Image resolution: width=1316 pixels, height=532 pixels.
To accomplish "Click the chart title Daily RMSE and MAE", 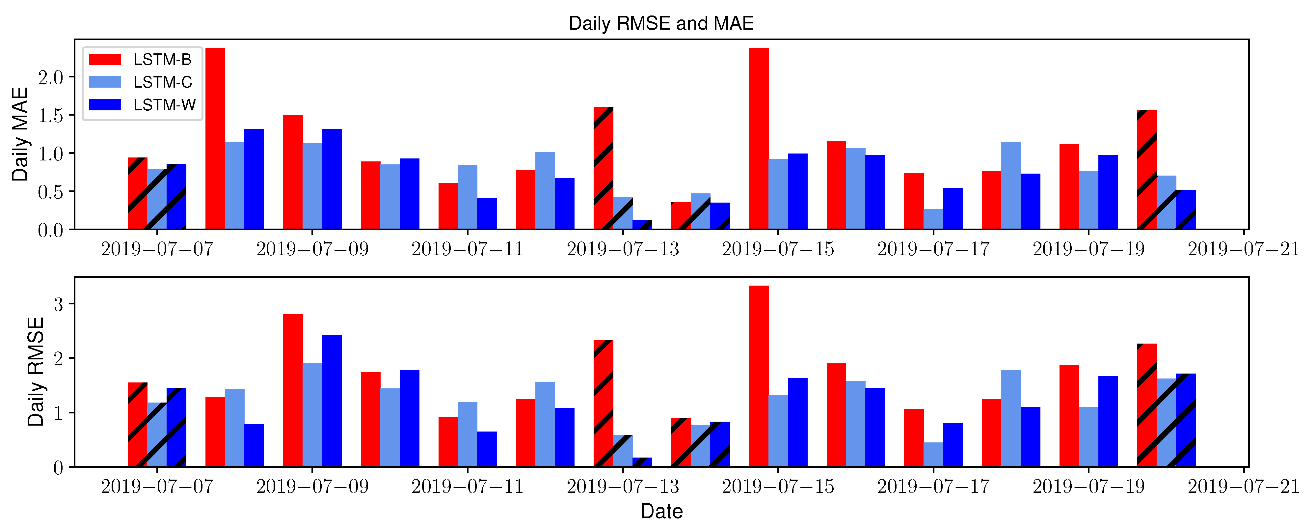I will click(661, 23).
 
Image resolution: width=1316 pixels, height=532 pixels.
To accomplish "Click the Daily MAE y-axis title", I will click(19, 134).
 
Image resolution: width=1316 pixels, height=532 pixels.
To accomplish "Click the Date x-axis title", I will click(661, 511).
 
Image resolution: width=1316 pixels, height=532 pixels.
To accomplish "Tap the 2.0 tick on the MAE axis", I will click(50, 78).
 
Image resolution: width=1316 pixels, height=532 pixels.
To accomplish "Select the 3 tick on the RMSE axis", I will click(58, 305).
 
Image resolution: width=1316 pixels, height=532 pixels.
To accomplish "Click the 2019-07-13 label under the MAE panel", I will click(623, 249).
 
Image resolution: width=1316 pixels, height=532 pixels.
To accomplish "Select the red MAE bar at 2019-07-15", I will click(759, 138).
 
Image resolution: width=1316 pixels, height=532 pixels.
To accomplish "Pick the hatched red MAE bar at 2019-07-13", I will click(603, 169).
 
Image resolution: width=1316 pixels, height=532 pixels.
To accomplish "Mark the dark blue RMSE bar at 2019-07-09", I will click(332, 401).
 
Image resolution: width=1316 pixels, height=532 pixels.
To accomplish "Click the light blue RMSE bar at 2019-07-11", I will click(468, 434).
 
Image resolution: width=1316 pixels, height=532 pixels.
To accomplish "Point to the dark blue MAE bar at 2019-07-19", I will click(1108, 192).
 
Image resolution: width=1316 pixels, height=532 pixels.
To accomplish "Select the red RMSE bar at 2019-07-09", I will click(293, 391).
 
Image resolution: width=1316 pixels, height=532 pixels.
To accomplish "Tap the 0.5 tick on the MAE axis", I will click(50, 192).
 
